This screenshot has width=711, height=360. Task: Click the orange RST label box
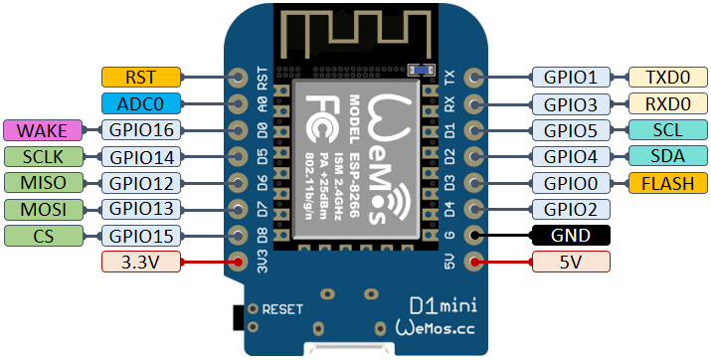141,77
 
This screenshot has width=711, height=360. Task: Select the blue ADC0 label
141,103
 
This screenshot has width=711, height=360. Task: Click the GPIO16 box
140,130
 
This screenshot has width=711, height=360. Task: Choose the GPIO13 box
140,209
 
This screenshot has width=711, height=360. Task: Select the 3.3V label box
141,262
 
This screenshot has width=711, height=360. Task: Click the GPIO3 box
571,103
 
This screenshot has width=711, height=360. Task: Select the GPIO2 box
571,209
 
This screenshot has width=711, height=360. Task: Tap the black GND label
571,236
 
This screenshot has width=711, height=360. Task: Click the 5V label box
571,262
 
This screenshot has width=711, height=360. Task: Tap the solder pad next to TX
474,77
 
